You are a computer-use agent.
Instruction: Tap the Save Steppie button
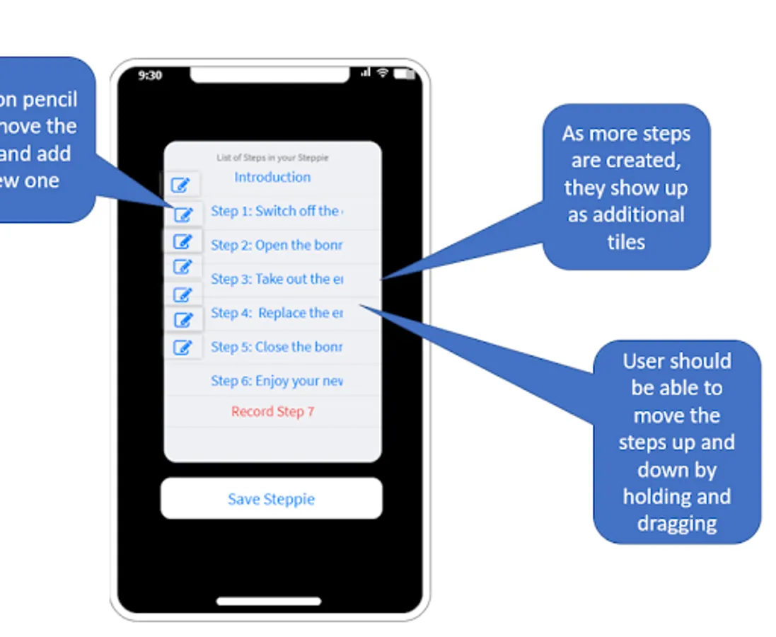click(x=271, y=499)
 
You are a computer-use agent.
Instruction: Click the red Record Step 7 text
click(x=272, y=412)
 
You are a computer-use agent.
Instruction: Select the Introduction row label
click(x=272, y=177)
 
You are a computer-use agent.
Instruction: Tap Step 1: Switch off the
click(x=276, y=211)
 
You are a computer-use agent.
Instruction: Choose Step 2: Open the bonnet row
click(x=276, y=245)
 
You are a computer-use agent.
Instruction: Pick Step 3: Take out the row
click(x=276, y=279)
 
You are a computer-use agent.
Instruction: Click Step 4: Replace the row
click(x=276, y=313)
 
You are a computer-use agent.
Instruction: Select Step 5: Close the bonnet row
click(x=276, y=347)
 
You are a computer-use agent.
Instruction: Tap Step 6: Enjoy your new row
click(x=276, y=381)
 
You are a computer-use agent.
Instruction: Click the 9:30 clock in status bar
click(x=149, y=75)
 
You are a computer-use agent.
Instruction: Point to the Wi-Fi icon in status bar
click(x=383, y=73)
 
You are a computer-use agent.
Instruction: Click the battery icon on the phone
click(x=404, y=74)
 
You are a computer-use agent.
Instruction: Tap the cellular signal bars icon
click(x=366, y=73)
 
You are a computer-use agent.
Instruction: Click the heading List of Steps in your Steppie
click(x=272, y=157)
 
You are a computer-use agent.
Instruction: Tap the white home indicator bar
click(x=269, y=602)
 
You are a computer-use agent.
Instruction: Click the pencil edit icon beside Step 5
click(x=183, y=348)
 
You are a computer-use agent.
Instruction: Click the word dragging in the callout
click(x=677, y=524)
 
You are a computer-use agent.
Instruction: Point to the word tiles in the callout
click(x=626, y=242)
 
